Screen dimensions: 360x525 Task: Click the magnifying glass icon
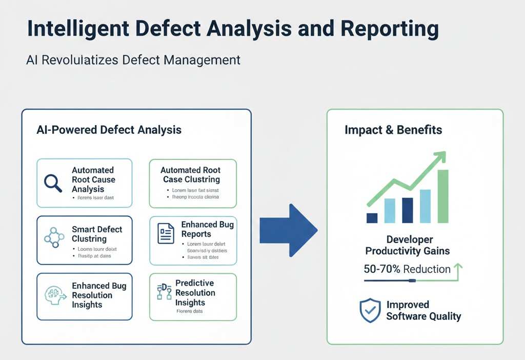(x=53, y=183)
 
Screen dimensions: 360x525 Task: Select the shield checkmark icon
(x=370, y=311)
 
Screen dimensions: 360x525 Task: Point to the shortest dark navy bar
(x=372, y=218)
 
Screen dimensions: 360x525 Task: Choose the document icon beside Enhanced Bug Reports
(x=165, y=233)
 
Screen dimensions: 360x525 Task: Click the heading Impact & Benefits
(x=393, y=130)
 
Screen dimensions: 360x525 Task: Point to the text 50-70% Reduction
(x=407, y=269)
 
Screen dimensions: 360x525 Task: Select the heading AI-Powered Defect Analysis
(x=109, y=130)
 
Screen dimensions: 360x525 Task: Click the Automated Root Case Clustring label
(x=191, y=175)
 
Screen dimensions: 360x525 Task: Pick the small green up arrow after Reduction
(x=458, y=268)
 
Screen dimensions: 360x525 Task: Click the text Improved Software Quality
(x=423, y=310)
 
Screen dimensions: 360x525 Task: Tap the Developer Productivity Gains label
(x=407, y=245)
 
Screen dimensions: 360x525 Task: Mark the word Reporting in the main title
(x=390, y=29)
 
